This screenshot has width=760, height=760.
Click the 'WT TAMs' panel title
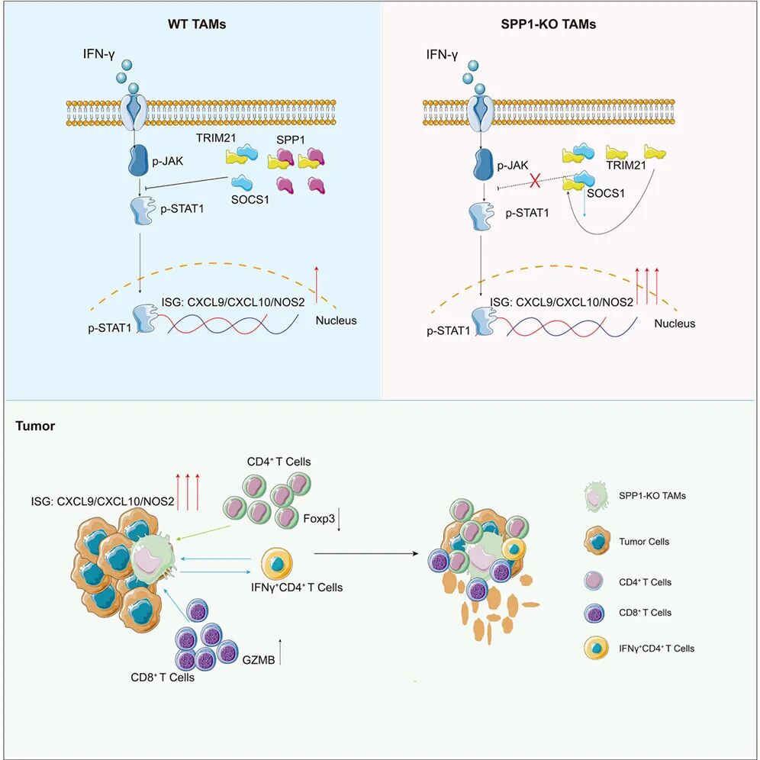(x=197, y=24)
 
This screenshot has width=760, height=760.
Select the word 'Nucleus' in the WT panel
(x=336, y=320)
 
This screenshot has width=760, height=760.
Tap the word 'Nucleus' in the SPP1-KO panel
(x=675, y=324)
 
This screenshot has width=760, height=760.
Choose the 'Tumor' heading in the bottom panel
(x=35, y=426)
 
